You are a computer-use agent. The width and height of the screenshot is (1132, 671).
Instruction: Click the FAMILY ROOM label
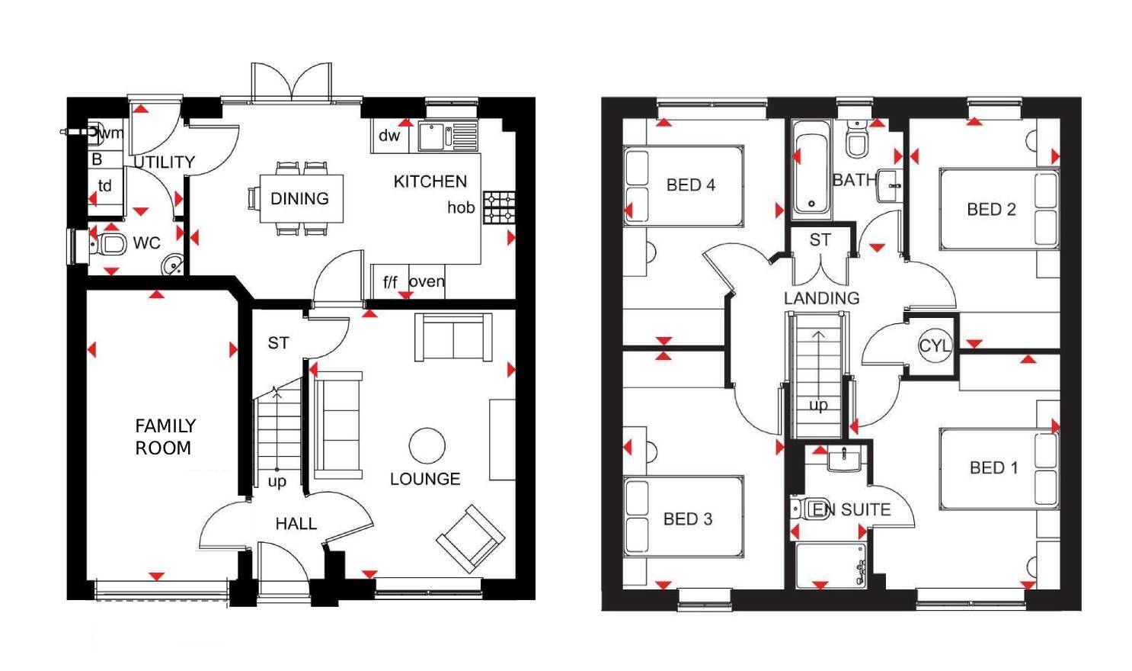point(165,436)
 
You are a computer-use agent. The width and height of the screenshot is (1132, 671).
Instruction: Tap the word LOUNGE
point(425,479)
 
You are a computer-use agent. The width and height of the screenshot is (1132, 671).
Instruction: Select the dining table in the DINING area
point(301,198)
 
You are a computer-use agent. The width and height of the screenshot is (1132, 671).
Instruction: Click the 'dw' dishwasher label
point(389,136)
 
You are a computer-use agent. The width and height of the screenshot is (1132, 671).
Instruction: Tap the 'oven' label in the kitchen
point(427,281)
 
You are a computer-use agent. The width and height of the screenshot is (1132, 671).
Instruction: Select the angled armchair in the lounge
point(470,538)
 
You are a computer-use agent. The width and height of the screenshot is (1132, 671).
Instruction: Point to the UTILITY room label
point(164,162)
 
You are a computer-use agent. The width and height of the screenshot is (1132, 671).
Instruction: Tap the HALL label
point(296,524)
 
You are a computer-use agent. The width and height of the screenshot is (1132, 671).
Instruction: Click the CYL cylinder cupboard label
point(934,345)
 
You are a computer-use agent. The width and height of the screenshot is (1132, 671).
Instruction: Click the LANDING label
point(821,298)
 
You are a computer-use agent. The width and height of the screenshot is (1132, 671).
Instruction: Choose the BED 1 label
point(993,467)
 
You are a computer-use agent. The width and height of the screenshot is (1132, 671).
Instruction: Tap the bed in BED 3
point(683,516)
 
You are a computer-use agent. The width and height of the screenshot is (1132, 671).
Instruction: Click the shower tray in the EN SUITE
point(830,565)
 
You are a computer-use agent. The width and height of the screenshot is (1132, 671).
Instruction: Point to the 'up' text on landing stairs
point(818,405)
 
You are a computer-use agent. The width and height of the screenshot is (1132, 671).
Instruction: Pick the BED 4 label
point(690,185)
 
